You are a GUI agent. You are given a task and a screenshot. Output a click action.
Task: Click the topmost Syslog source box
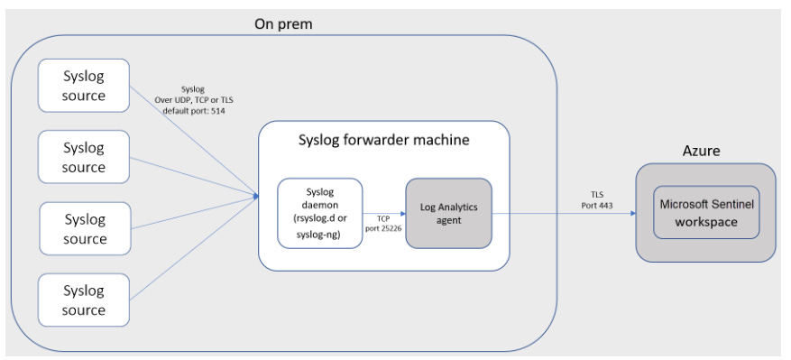pos(84,86)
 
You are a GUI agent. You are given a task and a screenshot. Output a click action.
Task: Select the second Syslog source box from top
pos(84,157)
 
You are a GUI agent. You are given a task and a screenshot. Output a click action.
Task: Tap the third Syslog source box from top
pos(84,229)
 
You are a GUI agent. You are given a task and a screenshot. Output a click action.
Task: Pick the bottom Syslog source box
pos(84,300)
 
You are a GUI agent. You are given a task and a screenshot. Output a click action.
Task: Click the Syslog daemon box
pos(319,213)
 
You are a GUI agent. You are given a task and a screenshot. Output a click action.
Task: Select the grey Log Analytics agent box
pos(448,213)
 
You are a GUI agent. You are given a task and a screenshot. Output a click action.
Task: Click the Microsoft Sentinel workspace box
pos(705,213)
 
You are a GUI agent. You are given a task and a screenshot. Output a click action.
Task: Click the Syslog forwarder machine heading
pos(383,141)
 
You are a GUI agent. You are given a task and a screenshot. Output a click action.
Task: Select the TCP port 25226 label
pos(383,224)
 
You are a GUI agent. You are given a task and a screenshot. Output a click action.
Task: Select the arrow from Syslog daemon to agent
pos(383,213)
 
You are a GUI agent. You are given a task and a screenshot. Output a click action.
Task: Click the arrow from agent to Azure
pos(564,213)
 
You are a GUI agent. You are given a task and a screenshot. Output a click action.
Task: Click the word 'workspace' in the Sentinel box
pos(705,222)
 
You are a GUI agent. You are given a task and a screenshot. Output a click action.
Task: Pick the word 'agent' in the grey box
pos(448,221)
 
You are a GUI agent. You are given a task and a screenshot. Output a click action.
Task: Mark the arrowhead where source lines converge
pos(255,193)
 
